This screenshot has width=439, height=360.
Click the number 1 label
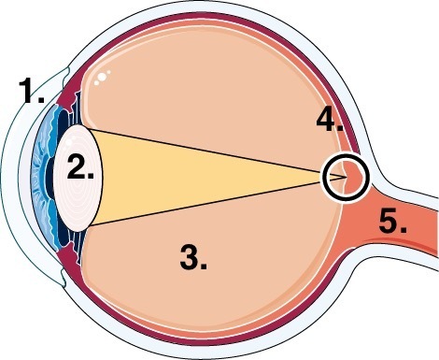point(32,91)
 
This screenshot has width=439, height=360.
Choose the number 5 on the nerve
point(392,221)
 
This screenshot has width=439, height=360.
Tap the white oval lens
point(78,178)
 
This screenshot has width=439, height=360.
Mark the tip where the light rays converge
point(347,177)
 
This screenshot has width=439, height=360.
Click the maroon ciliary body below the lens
point(68,260)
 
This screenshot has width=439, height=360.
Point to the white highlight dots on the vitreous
point(102,77)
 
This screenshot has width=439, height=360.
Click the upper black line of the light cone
point(215,152)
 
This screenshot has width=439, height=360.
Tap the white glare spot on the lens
point(69,142)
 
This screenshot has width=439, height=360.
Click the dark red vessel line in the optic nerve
point(402,244)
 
